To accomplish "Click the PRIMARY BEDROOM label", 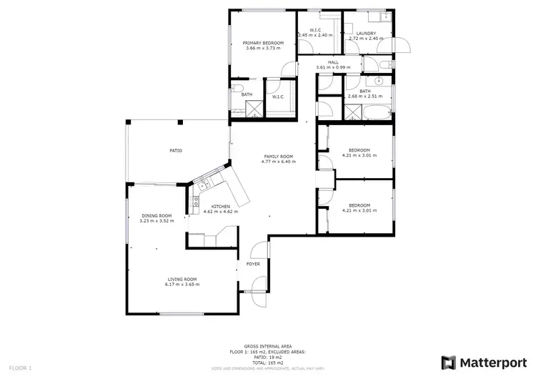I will [x=263, y=43].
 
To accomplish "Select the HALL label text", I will [x=333, y=62].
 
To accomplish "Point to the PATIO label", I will [x=176, y=151].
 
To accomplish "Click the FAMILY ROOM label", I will [x=278, y=157].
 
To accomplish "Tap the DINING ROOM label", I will [x=156, y=215].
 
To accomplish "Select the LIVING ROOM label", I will [x=182, y=279].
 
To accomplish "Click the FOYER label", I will [x=253, y=264].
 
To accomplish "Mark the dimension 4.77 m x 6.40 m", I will [x=278, y=162].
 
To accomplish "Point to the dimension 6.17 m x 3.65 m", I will [x=182, y=285].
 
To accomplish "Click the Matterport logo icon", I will [x=449, y=363].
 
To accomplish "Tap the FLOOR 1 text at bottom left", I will [x=20, y=368].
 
